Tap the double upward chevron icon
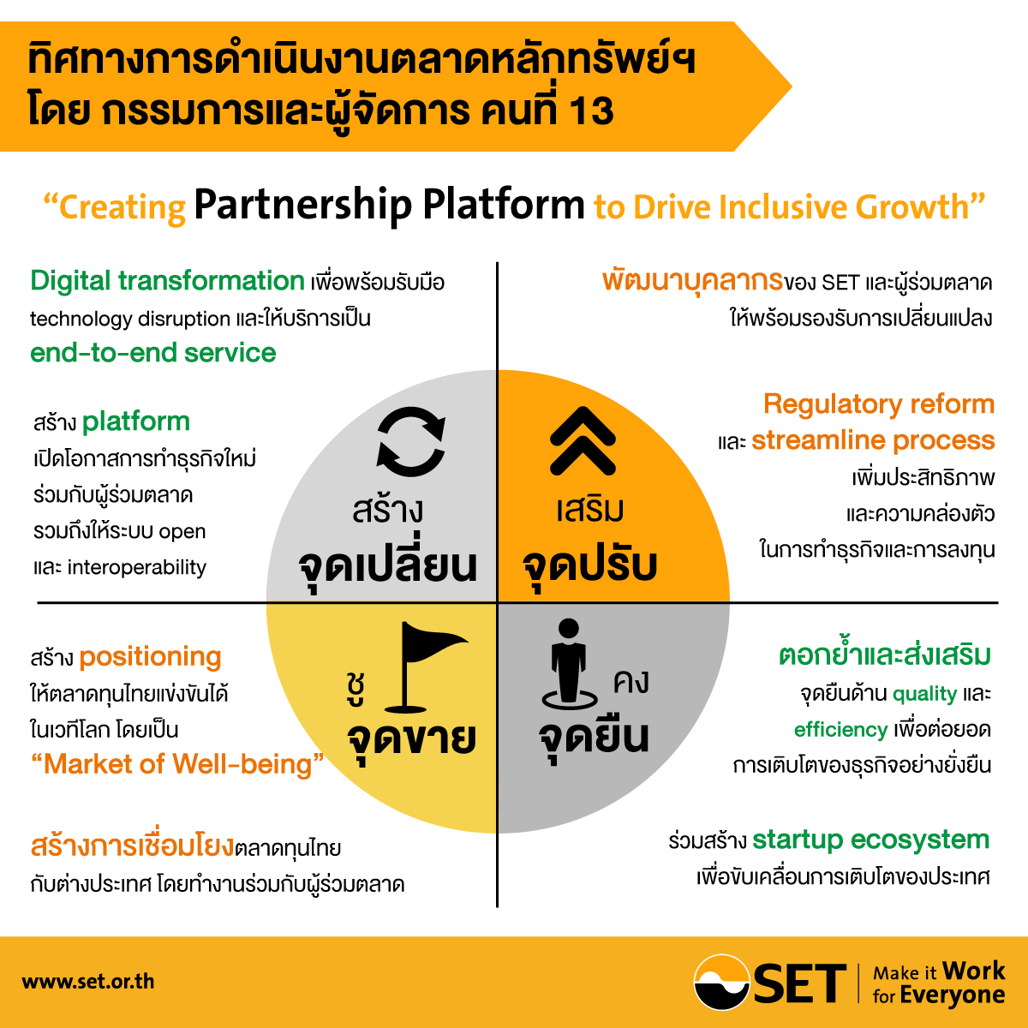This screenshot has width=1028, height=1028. [x=583, y=440]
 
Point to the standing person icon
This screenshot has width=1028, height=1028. [x=569, y=663]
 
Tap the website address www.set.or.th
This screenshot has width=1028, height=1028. [x=88, y=982]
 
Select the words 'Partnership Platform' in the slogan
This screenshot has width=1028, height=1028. [x=389, y=206]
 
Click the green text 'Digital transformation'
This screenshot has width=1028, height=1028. [x=167, y=281]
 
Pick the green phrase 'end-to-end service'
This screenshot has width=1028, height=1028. [x=153, y=353]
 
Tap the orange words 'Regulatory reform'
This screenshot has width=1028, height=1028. [x=879, y=403]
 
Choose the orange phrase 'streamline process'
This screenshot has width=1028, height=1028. [x=873, y=440]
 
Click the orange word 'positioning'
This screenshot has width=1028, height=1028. [x=150, y=657]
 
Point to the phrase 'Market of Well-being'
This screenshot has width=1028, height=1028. [x=177, y=764]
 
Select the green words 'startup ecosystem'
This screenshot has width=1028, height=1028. [x=870, y=840]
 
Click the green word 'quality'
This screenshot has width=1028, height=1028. [x=924, y=695]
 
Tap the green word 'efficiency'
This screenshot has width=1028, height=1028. [x=840, y=730]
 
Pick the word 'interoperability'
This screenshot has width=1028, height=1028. [x=136, y=568]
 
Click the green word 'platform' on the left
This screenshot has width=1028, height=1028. [x=136, y=422]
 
